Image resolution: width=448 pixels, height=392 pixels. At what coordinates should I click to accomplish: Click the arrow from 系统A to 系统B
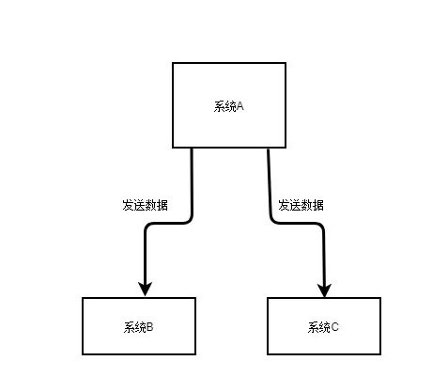(168, 223)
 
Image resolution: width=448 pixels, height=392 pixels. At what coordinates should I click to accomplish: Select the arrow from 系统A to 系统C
(296, 223)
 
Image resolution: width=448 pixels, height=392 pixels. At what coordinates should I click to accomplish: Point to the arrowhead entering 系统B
(145, 289)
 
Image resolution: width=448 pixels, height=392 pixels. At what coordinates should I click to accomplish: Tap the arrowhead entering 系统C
(324, 290)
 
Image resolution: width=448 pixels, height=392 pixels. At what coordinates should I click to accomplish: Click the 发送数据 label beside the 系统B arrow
(145, 205)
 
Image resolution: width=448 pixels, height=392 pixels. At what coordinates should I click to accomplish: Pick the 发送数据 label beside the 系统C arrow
(301, 205)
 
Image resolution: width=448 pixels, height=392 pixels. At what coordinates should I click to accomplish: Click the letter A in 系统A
(240, 106)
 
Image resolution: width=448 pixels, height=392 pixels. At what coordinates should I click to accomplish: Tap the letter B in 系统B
(149, 327)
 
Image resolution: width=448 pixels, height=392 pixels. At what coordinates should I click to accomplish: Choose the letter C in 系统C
(334, 327)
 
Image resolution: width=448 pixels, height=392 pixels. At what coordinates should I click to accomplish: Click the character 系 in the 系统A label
(220, 106)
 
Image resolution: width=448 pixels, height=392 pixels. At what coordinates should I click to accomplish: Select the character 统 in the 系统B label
(141, 327)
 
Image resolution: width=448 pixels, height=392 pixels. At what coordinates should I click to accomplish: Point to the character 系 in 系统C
(314, 327)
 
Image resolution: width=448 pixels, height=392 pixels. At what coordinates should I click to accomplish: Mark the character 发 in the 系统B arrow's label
(128, 205)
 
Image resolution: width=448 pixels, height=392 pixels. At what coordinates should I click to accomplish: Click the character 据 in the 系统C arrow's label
(318, 205)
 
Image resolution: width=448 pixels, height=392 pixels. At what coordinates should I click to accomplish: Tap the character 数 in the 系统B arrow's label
(151, 205)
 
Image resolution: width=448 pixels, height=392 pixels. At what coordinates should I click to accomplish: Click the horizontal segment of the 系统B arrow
(168, 223)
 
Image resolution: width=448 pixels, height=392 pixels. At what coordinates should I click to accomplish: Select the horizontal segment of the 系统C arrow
(296, 223)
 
